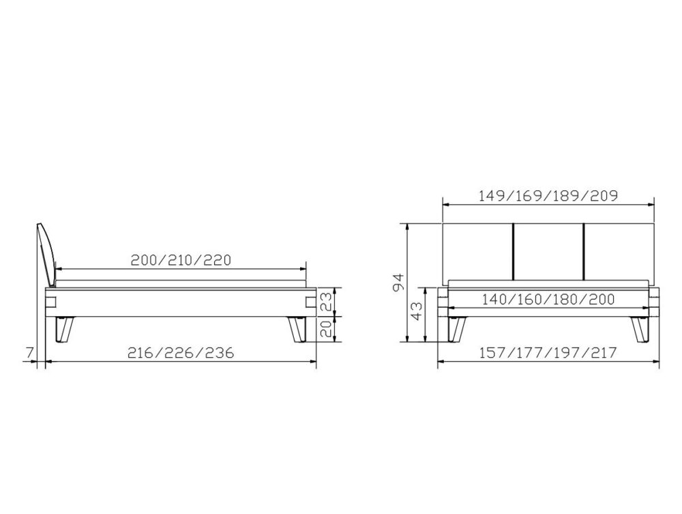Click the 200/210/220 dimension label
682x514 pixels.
click(181, 260)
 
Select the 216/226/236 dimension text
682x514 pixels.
click(181, 352)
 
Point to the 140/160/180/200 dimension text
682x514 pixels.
click(548, 300)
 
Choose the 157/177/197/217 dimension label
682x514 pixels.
click(548, 352)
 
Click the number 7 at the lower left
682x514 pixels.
click(29, 352)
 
